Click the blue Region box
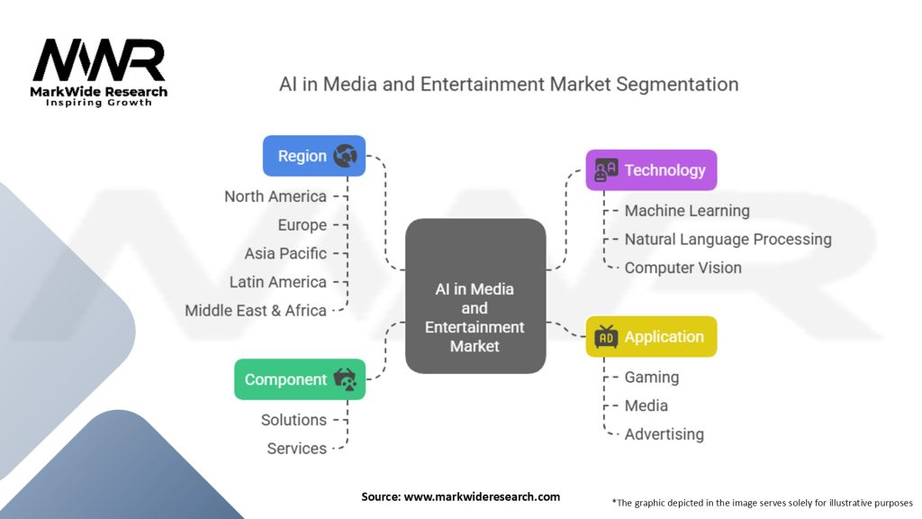coord(314,156)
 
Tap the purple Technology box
coord(651,170)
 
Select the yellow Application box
coord(651,337)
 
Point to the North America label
coord(276,196)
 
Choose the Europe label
coord(302,225)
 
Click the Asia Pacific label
coord(285,253)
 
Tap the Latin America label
coord(277,282)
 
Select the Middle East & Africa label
coord(256,310)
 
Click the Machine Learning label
coord(687,211)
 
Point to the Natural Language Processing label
coord(728,240)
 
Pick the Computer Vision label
coord(683,268)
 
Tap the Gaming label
coord(652,378)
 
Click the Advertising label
coord(664,434)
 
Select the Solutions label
coord(294,420)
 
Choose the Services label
coord(297,449)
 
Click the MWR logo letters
coord(99,61)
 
